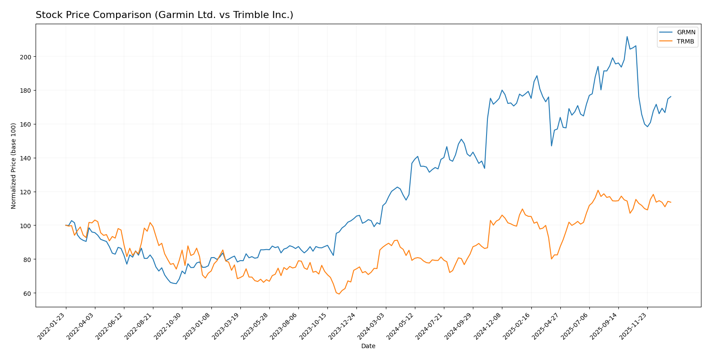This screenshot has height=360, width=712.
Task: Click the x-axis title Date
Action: point(368,346)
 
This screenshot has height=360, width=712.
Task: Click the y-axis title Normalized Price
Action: point(14,166)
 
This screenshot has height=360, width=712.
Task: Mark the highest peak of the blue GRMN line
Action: point(627,36)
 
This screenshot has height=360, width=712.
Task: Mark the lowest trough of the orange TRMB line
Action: point(339,294)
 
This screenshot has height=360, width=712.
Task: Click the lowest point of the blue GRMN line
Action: point(176,284)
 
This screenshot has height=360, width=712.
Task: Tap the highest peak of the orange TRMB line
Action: point(598,190)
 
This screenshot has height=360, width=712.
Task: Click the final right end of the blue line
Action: point(671,97)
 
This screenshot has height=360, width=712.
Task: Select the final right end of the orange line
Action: point(671,202)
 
